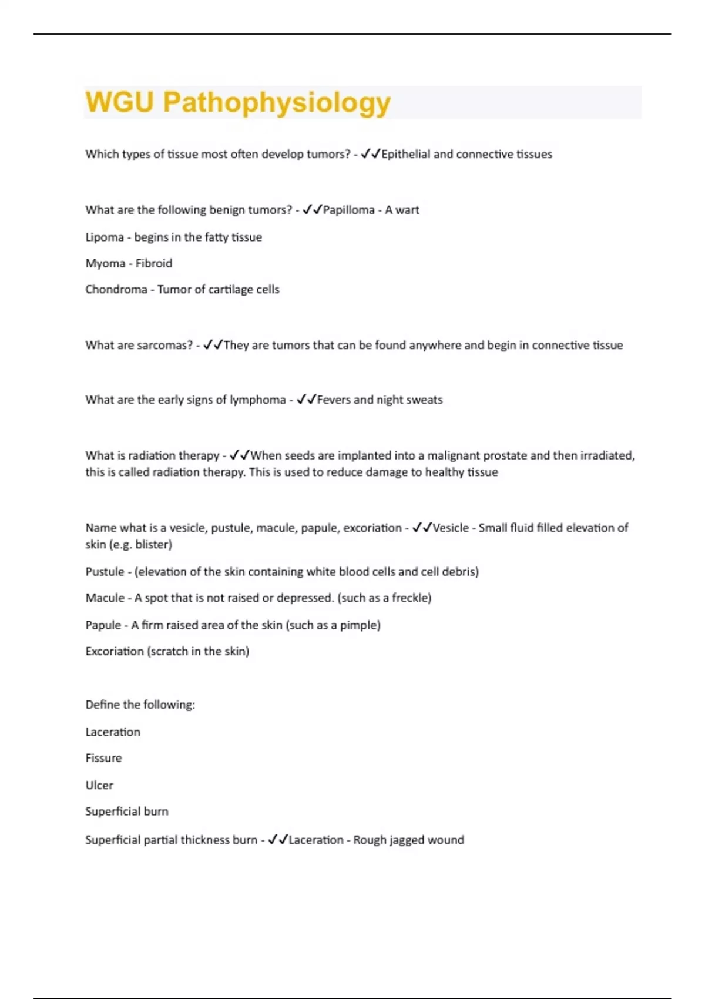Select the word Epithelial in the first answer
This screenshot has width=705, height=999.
coord(405,154)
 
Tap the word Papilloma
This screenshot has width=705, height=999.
coord(348,210)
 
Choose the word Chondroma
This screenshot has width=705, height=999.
coord(116,289)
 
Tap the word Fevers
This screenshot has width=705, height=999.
coord(334,400)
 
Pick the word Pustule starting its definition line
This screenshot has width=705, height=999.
coord(105,571)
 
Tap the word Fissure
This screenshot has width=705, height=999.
coord(103,758)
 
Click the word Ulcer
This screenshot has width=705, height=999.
coord(99,785)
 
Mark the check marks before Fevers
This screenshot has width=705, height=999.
coord(307,400)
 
